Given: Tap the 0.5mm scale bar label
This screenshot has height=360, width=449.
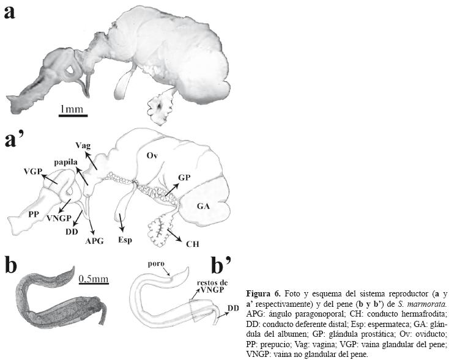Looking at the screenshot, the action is [94, 279].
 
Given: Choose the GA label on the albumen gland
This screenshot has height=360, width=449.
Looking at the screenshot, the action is [204, 207].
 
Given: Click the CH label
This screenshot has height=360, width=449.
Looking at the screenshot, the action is [192, 243].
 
